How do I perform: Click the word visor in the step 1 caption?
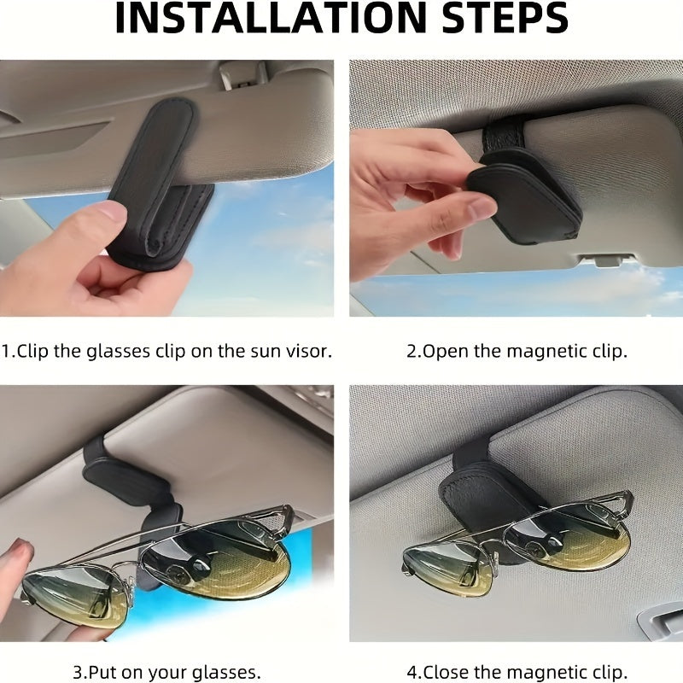[x=306, y=351]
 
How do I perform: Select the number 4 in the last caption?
[x=413, y=672]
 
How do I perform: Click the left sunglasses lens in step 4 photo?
[x=447, y=568]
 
